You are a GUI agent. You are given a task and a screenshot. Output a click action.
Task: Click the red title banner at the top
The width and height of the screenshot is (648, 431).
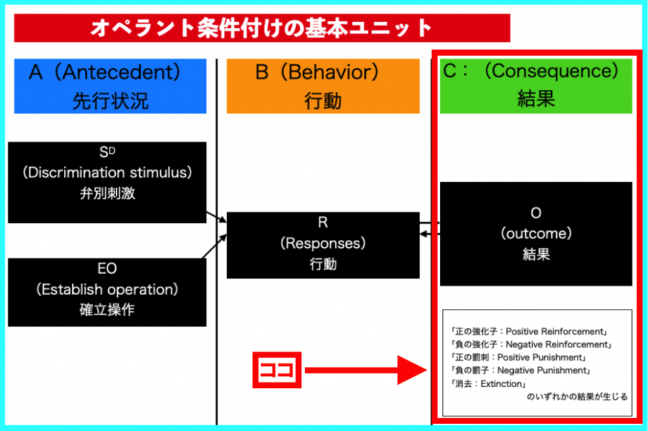[x=262, y=28]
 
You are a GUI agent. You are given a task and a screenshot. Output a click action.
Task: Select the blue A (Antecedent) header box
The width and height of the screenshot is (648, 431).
[x=110, y=86]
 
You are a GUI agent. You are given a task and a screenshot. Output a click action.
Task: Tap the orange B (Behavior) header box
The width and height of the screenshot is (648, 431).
[x=323, y=86]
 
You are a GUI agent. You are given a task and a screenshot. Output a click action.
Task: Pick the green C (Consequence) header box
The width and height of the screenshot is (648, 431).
[x=536, y=86]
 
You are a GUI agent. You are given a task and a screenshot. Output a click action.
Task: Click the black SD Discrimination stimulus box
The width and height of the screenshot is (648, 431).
[x=107, y=182]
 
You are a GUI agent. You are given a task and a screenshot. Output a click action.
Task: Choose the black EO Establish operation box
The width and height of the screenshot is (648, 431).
[x=107, y=292]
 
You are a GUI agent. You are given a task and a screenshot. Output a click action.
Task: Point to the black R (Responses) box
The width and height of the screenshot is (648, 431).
[x=323, y=245]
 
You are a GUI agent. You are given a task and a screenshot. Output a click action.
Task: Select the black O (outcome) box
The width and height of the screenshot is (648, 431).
[x=536, y=234]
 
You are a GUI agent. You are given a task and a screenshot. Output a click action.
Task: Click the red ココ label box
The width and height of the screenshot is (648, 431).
[x=277, y=370]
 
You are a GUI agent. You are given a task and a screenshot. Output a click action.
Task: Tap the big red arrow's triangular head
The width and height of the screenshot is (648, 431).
[x=411, y=370]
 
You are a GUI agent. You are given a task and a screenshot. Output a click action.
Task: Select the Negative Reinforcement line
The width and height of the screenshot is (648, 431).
[x=532, y=344]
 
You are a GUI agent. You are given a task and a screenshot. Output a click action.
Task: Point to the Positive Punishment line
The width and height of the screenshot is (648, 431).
[x=519, y=357]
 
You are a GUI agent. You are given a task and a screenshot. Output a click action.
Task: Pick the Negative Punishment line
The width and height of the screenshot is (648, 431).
[x=521, y=370]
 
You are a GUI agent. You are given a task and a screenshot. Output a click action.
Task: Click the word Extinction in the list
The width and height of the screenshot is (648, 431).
[x=501, y=384]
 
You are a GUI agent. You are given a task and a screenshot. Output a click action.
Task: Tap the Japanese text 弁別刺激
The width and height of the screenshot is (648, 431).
[x=108, y=194]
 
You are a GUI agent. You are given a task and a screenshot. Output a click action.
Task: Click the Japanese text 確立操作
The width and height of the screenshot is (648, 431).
[x=107, y=310]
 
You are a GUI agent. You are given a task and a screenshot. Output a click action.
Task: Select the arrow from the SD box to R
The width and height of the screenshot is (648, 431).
[x=216, y=217]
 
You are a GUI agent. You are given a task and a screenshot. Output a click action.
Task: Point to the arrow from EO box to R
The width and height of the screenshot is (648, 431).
[x=215, y=246]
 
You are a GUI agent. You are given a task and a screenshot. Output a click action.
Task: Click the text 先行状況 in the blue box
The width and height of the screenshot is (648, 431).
[x=110, y=101]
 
